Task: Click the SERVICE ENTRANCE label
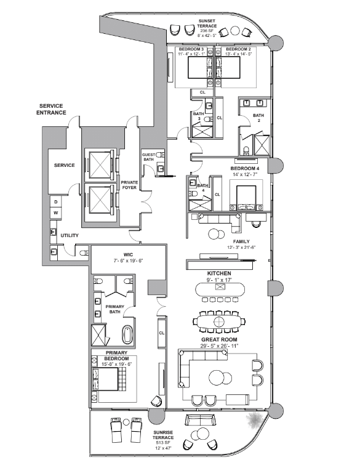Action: pyautogui.click(x=51, y=109)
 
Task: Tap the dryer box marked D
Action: pyautogui.click(x=56, y=202)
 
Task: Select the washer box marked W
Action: pyautogui.click(x=56, y=213)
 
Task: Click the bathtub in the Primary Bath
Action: pyautogui.click(x=127, y=335)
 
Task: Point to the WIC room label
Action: pyautogui.click(x=129, y=254)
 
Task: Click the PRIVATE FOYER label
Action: pyautogui.click(x=129, y=185)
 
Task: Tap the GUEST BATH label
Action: pyautogui.click(x=148, y=157)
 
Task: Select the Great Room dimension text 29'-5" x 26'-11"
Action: pyautogui.click(x=219, y=346)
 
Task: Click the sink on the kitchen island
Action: pyautogui.click(x=220, y=287)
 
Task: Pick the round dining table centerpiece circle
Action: pyautogui.click(x=219, y=321)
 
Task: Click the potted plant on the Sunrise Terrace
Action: pyautogui.click(x=254, y=421)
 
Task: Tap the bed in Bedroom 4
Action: pyautogui.click(x=246, y=198)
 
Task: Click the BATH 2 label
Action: pyautogui.click(x=258, y=118)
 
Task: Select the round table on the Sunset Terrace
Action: pyautogui.click(x=235, y=31)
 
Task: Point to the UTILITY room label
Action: pyautogui.click(x=70, y=235)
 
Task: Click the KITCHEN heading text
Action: pyautogui.click(x=219, y=273)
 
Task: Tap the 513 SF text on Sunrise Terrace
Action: pyautogui.click(x=163, y=443)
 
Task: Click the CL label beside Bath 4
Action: pyautogui.click(x=217, y=195)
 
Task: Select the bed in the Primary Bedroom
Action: pyautogui.click(x=105, y=379)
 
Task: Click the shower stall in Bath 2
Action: pyautogui.click(x=262, y=145)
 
